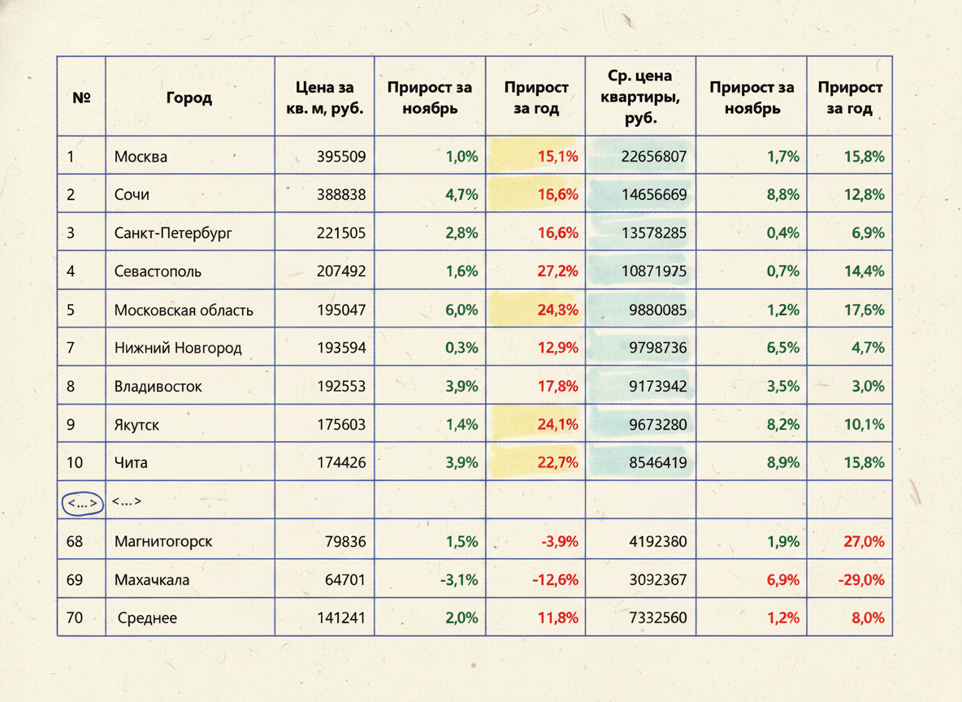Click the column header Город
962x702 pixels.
pyautogui.click(x=189, y=97)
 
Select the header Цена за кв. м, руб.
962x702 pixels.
pyautogui.click(x=324, y=97)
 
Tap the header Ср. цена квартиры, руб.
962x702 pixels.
pyautogui.click(x=640, y=97)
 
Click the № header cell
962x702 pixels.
pyautogui.click(x=81, y=97)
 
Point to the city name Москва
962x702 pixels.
pyautogui.click(x=141, y=157)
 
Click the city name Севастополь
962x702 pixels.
pyautogui.click(x=158, y=271)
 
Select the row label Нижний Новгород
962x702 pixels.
pyautogui.click(x=178, y=348)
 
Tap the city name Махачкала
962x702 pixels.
pyautogui.click(x=152, y=580)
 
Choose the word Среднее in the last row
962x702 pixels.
pyautogui.click(x=147, y=618)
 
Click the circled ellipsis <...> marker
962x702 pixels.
pyautogui.click(x=82, y=503)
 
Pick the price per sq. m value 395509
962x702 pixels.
pyautogui.click(x=341, y=157)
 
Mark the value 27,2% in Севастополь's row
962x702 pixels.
pyautogui.click(x=557, y=271)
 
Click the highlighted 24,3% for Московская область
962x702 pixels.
pyautogui.click(x=557, y=310)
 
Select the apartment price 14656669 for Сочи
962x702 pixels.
pyautogui.click(x=654, y=194)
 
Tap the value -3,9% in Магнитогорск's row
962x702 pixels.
pyautogui.click(x=560, y=542)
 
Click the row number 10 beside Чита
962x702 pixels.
pyautogui.click(x=74, y=462)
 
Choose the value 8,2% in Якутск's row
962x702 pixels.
pyautogui.click(x=783, y=425)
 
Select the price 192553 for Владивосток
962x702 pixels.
pyautogui.click(x=341, y=387)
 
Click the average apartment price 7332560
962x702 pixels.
pyautogui.click(x=657, y=618)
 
